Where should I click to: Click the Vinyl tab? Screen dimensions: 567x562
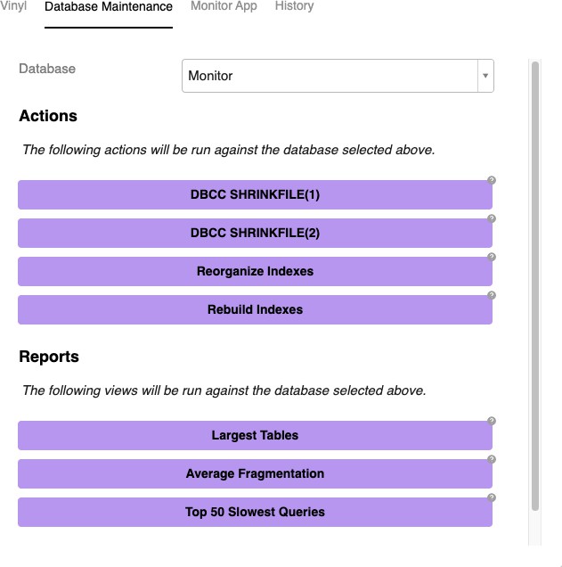(13, 6)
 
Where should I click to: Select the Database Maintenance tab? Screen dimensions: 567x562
(109, 7)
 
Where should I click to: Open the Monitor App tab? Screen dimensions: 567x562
(224, 6)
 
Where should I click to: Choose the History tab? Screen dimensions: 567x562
(294, 6)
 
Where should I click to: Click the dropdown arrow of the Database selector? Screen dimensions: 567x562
(485, 76)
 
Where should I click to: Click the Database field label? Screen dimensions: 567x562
(47, 69)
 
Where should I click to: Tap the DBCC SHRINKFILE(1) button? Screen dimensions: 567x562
(255, 195)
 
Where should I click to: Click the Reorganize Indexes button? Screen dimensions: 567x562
(255, 272)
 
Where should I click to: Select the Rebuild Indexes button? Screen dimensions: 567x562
(255, 310)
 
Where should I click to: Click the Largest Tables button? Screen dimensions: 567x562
(255, 436)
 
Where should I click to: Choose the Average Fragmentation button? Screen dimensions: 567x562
(255, 474)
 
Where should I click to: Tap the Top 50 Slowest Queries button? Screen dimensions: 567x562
(255, 513)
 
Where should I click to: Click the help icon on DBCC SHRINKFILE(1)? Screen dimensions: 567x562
(492, 180)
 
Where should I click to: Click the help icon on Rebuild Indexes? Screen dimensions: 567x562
(492, 295)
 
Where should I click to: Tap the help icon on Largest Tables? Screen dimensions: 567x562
(492, 421)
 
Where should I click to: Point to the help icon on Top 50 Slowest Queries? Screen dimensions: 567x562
(492, 497)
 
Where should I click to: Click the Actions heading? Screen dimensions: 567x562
(48, 116)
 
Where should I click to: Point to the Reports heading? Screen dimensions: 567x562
(49, 357)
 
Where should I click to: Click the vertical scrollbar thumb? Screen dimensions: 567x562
(535, 285)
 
